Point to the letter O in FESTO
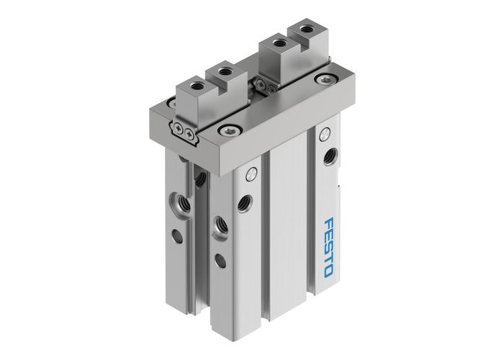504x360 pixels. pyautogui.click(x=329, y=271)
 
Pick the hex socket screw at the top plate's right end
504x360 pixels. pyautogui.click(x=320, y=80)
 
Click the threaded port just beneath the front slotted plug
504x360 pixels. pyautogui.click(x=244, y=203)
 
